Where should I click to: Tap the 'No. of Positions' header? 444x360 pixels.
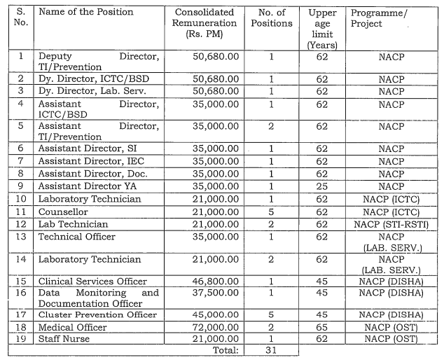tap(271, 18)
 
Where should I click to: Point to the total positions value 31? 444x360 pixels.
tap(271, 350)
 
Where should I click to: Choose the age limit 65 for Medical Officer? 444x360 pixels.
tap(322, 327)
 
